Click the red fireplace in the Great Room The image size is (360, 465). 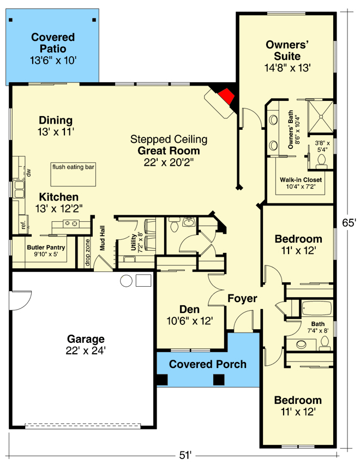click(227, 98)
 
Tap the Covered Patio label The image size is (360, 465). click(53, 43)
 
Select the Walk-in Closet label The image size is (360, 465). click(301, 180)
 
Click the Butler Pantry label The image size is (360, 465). click(46, 247)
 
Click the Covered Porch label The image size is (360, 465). click(207, 364)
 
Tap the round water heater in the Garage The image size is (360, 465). click(126, 281)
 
